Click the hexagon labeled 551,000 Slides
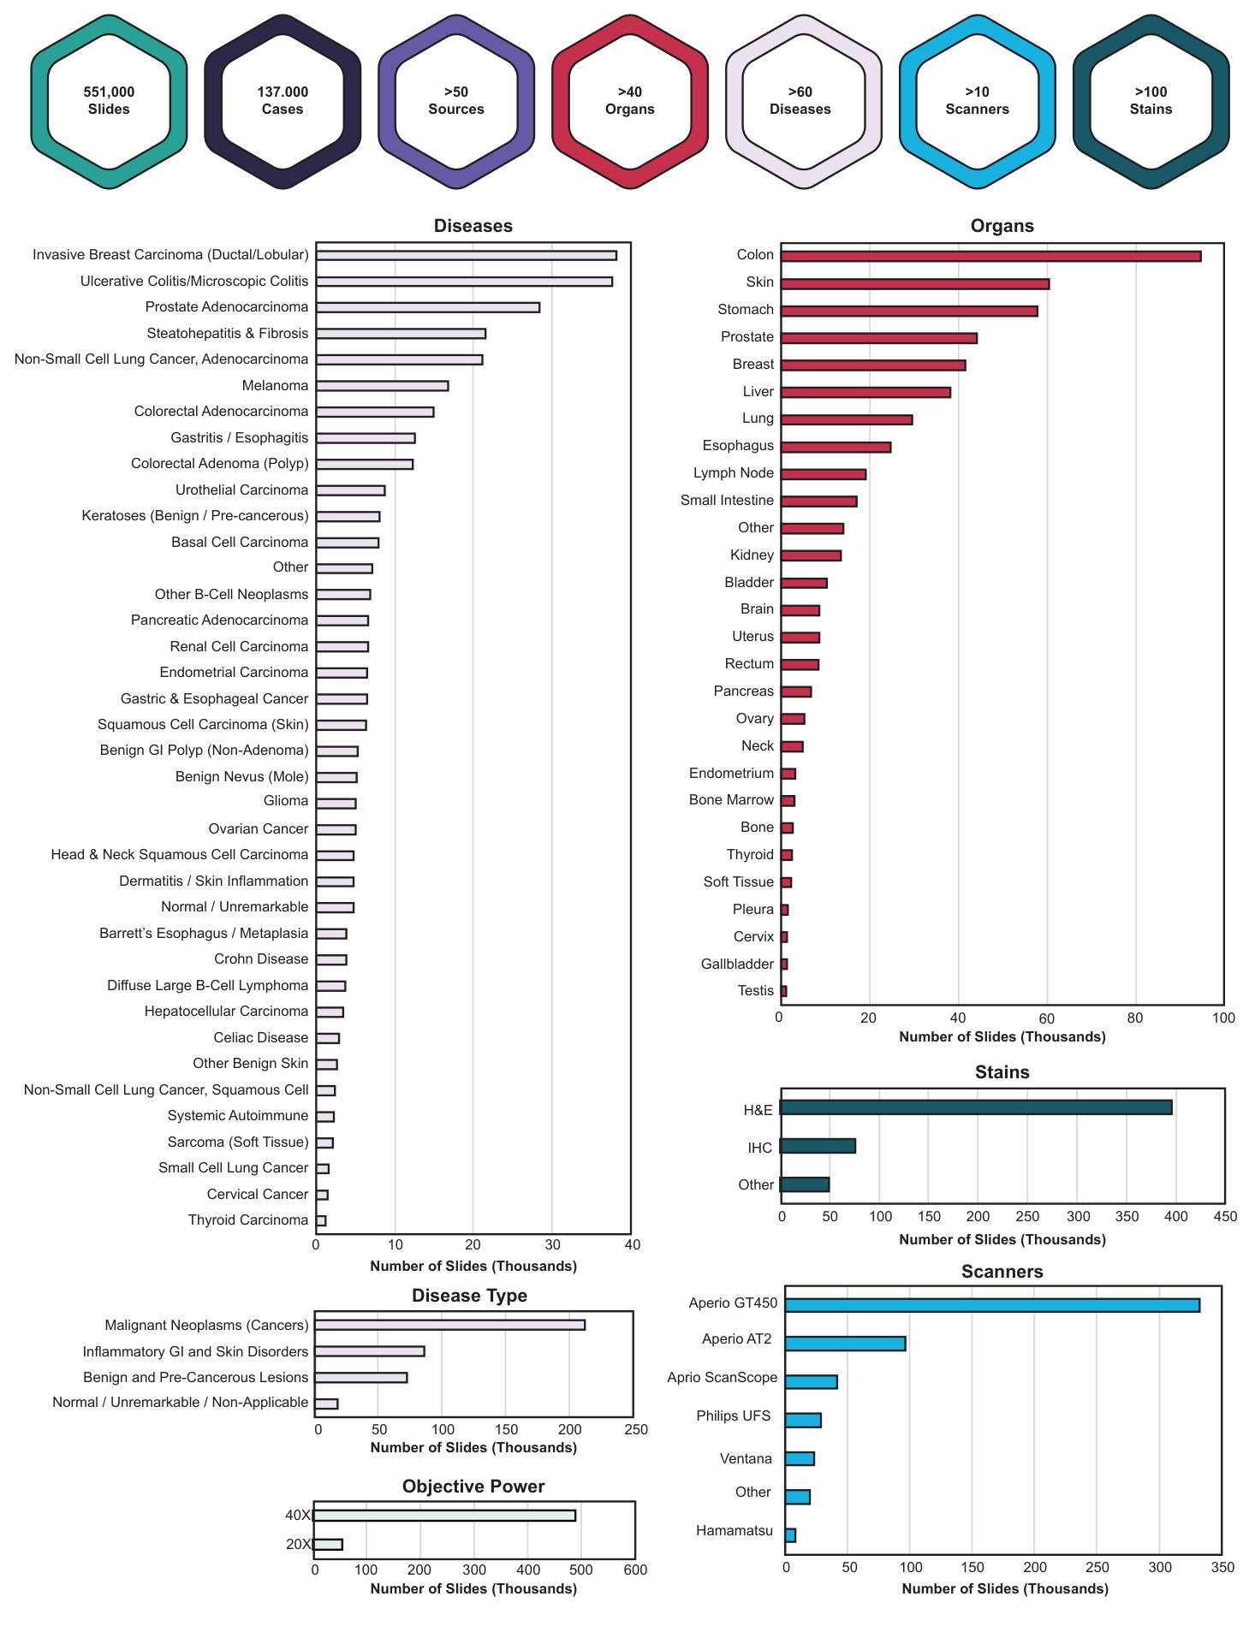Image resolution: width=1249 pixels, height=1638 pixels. [x=109, y=101]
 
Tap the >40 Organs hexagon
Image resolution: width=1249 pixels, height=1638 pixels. [x=629, y=101]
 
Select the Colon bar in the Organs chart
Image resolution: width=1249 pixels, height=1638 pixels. [x=990, y=256]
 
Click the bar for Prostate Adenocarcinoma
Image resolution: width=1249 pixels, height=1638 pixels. [x=427, y=307]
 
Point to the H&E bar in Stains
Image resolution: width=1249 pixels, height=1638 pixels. [x=976, y=1107]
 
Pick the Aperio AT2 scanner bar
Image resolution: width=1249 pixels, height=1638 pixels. [x=845, y=1344]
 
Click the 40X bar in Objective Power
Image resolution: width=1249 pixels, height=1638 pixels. [x=444, y=1516]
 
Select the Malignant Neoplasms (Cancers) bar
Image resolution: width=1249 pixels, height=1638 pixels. [x=450, y=1325]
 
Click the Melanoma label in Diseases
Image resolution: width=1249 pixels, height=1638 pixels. [x=275, y=385]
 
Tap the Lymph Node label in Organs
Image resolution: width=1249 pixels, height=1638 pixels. [x=734, y=473]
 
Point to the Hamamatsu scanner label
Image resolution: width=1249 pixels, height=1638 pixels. [x=734, y=1530]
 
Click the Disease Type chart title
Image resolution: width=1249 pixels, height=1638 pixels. [x=469, y=1296]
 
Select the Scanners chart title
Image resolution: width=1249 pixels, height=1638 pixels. [x=1002, y=1272]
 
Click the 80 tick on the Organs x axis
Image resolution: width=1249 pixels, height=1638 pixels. [x=1134, y=1018]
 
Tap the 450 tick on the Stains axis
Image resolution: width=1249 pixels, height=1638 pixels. [x=1225, y=1217]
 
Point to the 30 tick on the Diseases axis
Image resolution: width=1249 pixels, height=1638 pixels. [x=552, y=1245]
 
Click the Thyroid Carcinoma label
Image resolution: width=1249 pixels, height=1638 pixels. [x=247, y=1220]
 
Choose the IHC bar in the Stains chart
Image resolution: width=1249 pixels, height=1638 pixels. [x=818, y=1146]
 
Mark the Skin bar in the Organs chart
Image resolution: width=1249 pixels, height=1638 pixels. [x=914, y=284]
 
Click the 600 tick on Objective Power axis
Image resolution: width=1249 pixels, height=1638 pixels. [x=634, y=1570]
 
